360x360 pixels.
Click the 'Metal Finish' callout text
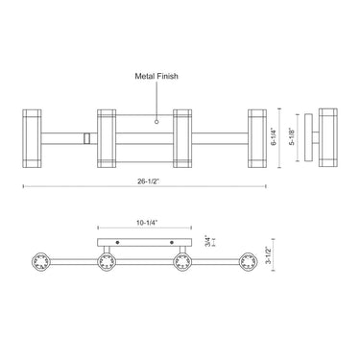point(156,73)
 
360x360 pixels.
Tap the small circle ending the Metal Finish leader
point(156,121)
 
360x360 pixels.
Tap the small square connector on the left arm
point(87,137)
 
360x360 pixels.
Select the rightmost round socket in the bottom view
point(252,260)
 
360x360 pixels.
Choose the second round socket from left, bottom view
point(106,260)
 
